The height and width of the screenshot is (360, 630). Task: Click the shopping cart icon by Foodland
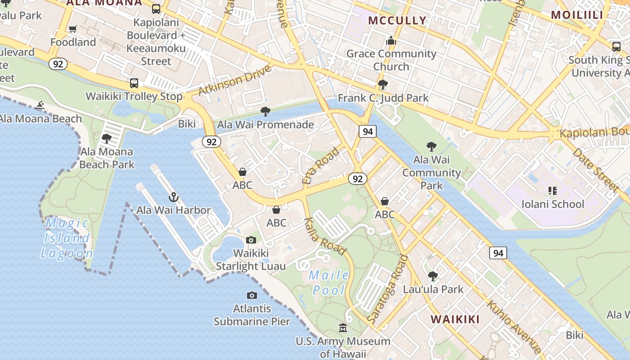pyautogui.click(x=72, y=29)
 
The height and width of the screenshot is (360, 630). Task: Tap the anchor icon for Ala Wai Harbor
pyautogui.click(x=173, y=197)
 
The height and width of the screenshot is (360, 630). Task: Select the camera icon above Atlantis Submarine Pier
pyautogui.click(x=252, y=295)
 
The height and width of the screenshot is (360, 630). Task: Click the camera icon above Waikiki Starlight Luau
pyautogui.click(x=251, y=240)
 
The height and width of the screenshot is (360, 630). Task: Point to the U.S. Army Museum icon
pyautogui.click(x=343, y=328)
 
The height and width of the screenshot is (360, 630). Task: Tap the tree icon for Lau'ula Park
pyautogui.click(x=433, y=276)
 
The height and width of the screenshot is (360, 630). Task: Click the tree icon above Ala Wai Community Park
pyautogui.click(x=431, y=146)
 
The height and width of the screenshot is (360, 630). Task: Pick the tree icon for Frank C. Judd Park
pyautogui.click(x=383, y=85)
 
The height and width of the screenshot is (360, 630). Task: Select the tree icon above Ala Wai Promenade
pyautogui.click(x=265, y=111)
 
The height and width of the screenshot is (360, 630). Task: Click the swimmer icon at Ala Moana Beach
pyautogui.click(x=40, y=106)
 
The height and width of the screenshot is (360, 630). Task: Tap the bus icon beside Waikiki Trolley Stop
pyautogui.click(x=134, y=83)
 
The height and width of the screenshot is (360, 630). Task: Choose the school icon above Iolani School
pyautogui.click(x=552, y=191)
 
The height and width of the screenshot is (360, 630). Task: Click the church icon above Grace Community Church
pyautogui.click(x=391, y=41)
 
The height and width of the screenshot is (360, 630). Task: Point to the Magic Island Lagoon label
pyautogui.click(x=67, y=238)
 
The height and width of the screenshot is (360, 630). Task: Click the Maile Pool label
pyautogui.click(x=329, y=283)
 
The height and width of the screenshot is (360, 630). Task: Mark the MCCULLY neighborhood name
pyautogui.click(x=397, y=20)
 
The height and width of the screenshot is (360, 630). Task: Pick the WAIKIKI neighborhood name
pyautogui.click(x=455, y=319)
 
